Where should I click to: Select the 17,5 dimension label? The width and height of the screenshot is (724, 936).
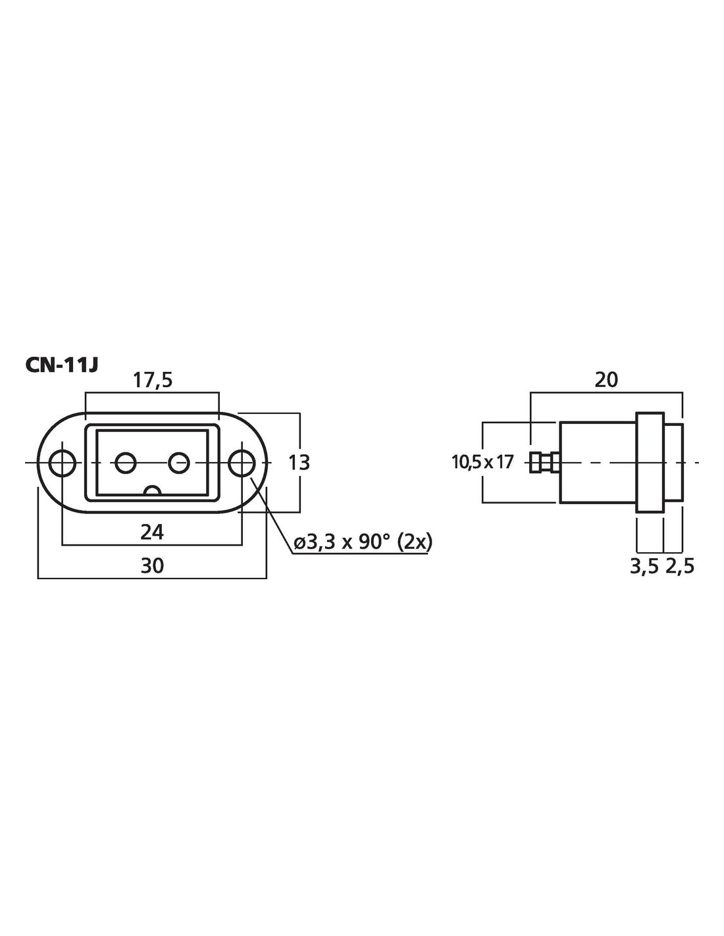point(152,380)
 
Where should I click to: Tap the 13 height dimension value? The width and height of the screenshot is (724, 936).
point(298,463)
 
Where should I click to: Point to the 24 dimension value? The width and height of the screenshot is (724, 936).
point(152,533)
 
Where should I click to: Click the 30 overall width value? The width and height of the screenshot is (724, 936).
point(152,565)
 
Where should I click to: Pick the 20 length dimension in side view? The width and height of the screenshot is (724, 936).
point(606,380)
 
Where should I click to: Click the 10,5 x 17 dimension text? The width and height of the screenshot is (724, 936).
point(482,462)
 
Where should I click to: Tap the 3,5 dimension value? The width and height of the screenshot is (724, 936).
point(644,567)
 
